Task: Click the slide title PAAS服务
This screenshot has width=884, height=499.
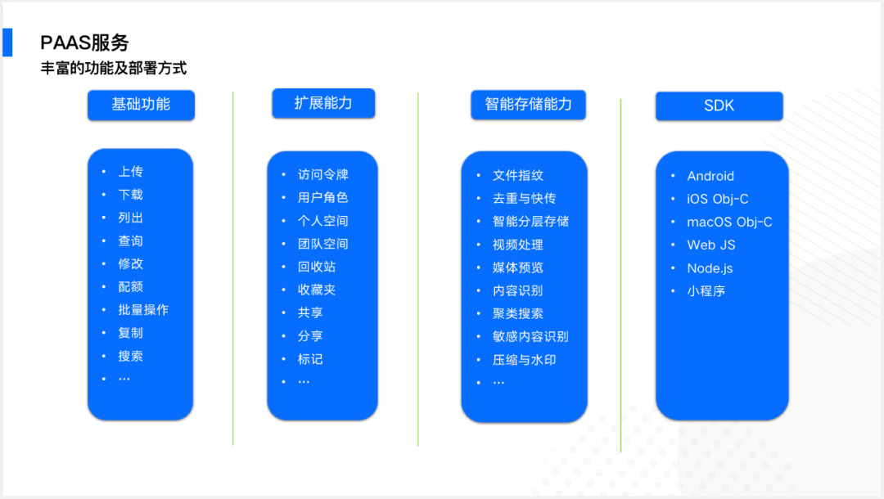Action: click(x=84, y=43)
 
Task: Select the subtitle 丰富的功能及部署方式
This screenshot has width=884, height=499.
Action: click(x=114, y=68)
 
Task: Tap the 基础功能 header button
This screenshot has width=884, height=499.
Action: click(x=141, y=105)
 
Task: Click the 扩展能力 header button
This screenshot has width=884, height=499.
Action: click(x=323, y=103)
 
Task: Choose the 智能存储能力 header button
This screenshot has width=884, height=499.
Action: click(x=528, y=105)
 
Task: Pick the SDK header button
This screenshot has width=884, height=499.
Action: click(x=719, y=106)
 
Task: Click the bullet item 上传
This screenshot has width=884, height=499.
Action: click(x=130, y=172)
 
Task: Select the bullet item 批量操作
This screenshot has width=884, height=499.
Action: click(x=143, y=310)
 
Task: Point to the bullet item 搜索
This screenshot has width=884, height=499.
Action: click(x=130, y=356)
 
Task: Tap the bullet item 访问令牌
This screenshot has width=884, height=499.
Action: click(x=323, y=174)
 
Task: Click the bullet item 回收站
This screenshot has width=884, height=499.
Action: click(x=317, y=267)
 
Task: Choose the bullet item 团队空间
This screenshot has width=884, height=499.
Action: click(x=323, y=244)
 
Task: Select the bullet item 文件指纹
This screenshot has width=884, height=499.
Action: click(x=518, y=175)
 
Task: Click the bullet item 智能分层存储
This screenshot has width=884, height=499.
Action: click(x=530, y=221)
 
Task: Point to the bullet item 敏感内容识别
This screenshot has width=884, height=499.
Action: click(x=530, y=336)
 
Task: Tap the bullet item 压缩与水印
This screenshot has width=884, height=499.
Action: click(x=524, y=359)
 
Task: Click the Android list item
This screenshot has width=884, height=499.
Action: click(x=710, y=176)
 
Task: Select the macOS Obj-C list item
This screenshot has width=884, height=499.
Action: click(x=729, y=222)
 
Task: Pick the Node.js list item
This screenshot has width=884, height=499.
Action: click(x=710, y=267)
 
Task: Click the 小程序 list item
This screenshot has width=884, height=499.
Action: click(x=706, y=290)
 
